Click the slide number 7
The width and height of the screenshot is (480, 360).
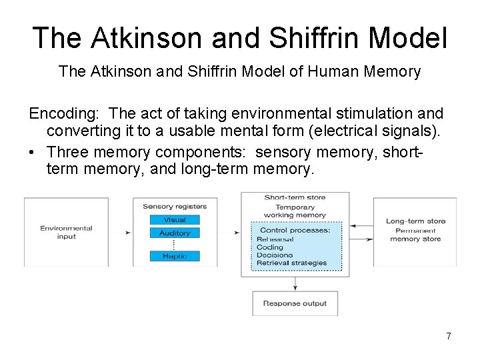pos(449,336)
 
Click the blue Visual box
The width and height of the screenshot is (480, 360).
pos(175,220)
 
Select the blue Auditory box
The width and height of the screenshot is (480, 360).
pos(175,233)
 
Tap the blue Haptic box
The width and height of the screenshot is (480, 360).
pos(175,256)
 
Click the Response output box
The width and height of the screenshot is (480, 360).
pos(295,303)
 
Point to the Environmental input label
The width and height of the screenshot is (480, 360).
pos(66,232)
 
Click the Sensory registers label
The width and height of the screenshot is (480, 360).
pos(175,207)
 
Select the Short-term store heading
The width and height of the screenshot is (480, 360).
pos(295,197)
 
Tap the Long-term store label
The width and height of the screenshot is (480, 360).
pos(415,221)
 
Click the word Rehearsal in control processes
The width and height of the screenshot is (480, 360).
pos(275,239)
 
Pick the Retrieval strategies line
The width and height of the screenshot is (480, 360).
pos(293,263)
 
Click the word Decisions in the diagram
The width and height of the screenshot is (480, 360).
pos(275,255)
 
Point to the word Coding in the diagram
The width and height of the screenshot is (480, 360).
pos(270,247)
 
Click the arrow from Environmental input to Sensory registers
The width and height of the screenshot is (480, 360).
pos(126,233)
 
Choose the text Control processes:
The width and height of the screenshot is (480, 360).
pos(295,231)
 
